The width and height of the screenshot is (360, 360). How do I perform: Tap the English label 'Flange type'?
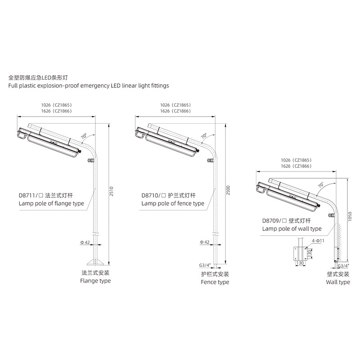(95, 281)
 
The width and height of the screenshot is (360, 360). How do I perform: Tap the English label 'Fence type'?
(215, 282)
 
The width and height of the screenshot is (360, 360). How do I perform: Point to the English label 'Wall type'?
(337, 282)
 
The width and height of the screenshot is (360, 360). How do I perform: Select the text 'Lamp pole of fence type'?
(173, 203)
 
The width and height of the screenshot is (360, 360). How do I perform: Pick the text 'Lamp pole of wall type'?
(292, 229)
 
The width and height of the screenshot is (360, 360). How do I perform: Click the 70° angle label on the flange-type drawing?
(84, 135)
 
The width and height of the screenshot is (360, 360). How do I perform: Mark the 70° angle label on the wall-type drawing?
(320, 185)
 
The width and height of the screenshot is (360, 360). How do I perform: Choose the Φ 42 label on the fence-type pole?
(204, 242)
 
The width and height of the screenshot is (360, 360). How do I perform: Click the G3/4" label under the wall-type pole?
(343, 266)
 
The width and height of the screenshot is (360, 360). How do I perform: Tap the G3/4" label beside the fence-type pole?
(205, 266)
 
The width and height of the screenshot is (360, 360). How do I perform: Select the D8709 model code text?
(272, 221)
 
